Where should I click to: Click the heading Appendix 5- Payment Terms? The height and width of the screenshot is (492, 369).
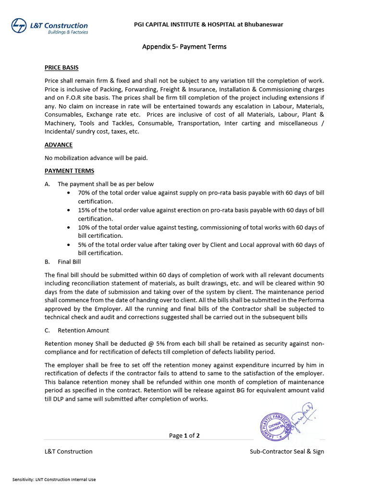pyautogui.click(x=184, y=47)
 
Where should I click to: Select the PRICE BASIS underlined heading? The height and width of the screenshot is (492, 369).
pyautogui.click(x=61, y=68)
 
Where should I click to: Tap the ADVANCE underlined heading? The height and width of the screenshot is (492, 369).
pyautogui.click(x=59, y=145)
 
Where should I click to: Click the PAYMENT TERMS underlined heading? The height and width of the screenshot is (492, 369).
pyautogui.click(x=69, y=171)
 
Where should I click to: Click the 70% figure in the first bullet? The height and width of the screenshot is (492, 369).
pyautogui.click(x=84, y=193)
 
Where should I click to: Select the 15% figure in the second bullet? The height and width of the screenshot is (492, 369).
pyautogui.click(x=84, y=210)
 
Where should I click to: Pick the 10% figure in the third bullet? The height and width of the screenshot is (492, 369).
pyautogui.click(x=84, y=227)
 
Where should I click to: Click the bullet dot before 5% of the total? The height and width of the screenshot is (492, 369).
pyautogui.click(x=70, y=245)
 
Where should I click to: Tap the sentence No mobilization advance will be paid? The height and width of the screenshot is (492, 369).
pyautogui.click(x=96, y=158)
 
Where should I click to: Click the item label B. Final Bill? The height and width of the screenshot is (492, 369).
pyautogui.click(x=63, y=262)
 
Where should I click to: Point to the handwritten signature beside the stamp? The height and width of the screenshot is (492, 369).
pyautogui.click(x=304, y=415)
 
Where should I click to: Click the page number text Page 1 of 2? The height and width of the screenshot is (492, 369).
pyautogui.click(x=184, y=436)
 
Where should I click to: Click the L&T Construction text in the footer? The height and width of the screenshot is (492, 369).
pyautogui.click(x=68, y=452)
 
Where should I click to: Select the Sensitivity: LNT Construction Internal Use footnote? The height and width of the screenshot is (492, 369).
pyautogui.click(x=54, y=480)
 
